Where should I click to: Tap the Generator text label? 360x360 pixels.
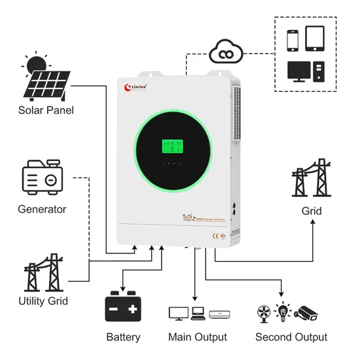pyautogui.click(x=43, y=209)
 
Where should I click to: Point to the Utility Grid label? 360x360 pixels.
pyautogui.click(x=43, y=301)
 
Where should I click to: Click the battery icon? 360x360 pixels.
pyautogui.click(x=123, y=307)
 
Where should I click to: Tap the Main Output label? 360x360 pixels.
pyautogui.click(x=198, y=337)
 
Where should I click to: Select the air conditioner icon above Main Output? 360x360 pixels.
pyautogui.click(x=220, y=314)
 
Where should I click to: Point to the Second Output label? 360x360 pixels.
pyautogui.click(x=291, y=337)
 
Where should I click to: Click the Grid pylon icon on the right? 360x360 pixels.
pyautogui.click(x=312, y=177)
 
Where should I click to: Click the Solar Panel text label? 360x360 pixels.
pyautogui.click(x=46, y=110)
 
